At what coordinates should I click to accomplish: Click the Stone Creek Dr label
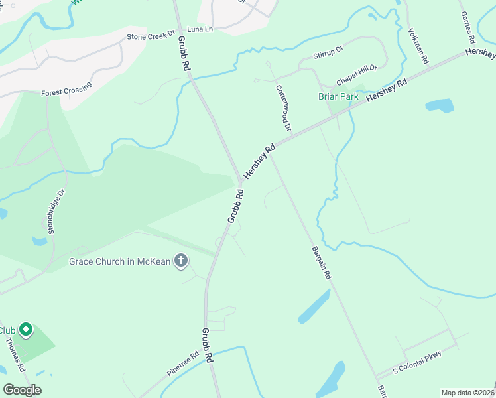coord(151,35)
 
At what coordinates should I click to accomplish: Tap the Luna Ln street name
coord(200,29)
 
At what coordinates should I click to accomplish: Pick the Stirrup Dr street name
coord(328,50)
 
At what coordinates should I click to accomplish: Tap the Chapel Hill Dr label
coord(356,74)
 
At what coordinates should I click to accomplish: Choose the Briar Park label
coord(338,96)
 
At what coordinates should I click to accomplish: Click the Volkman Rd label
coord(419,46)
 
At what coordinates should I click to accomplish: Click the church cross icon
coord(180,261)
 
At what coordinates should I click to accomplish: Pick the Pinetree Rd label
coord(183,365)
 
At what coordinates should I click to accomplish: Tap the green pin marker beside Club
coord(26,329)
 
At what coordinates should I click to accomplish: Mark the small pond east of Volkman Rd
coord(439,105)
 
